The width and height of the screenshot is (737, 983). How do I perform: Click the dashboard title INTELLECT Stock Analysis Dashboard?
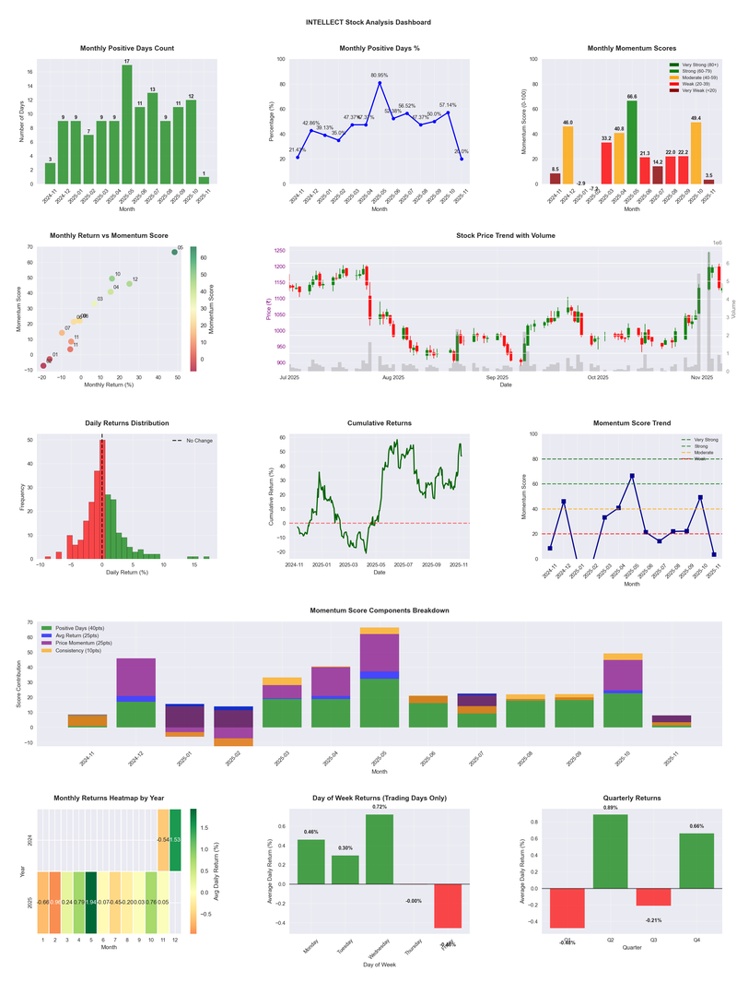pyautogui.click(x=368, y=22)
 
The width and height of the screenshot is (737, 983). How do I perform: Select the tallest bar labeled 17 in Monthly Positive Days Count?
pyautogui.click(x=127, y=124)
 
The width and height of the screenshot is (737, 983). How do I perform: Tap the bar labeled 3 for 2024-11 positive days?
pyautogui.click(x=50, y=173)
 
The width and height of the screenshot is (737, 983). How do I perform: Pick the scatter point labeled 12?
pyautogui.click(x=129, y=283)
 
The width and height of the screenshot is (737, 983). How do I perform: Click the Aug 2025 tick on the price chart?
pyautogui.click(x=393, y=376)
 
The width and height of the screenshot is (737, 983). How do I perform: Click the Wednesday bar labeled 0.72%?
pyautogui.click(x=380, y=848)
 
